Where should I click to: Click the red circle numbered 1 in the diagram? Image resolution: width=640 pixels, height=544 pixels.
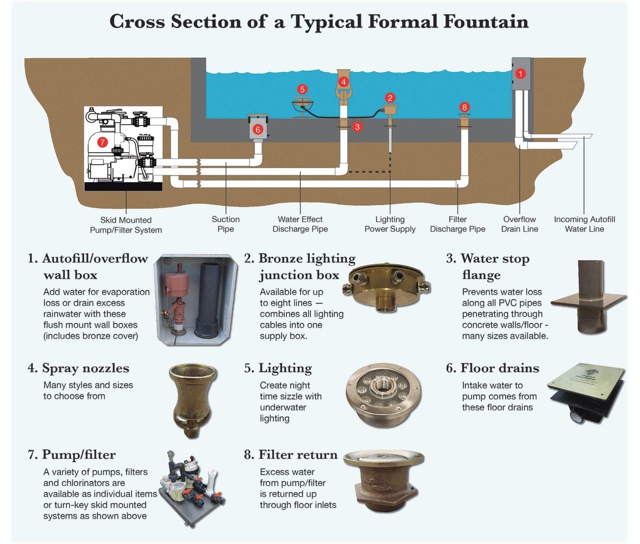(x=520, y=74)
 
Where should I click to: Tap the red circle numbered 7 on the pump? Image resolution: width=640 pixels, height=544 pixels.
(x=102, y=142)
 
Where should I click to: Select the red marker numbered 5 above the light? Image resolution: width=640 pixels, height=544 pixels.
(x=302, y=89)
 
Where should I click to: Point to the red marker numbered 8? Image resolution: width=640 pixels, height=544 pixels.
(x=464, y=107)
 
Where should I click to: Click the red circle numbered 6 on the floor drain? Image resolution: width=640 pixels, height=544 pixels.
(x=258, y=129)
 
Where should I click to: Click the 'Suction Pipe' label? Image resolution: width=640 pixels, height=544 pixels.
(x=225, y=224)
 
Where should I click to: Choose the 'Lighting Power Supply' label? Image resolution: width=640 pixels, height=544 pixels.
(x=390, y=224)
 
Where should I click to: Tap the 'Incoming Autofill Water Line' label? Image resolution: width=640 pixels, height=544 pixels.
(x=584, y=224)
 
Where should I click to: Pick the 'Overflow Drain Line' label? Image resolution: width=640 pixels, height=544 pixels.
(x=519, y=224)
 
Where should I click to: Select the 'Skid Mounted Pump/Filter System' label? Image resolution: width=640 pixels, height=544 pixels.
(x=126, y=225)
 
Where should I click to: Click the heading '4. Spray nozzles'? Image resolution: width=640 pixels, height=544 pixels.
(x=78, y=368)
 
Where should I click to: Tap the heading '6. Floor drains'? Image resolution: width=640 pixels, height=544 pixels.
(x=492, y=368)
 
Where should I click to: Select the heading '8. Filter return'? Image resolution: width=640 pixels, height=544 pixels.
(x=290, y=454)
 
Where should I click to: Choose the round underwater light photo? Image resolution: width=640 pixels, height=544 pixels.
(x=383, y=395)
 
